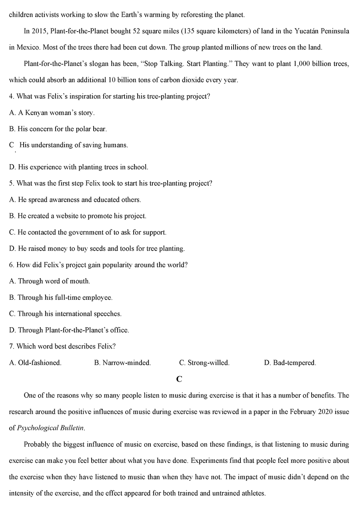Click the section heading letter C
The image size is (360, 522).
(x=179, y=379)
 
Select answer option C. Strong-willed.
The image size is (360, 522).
(x=204, y=363)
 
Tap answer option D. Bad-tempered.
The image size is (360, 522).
(x=290, y=363)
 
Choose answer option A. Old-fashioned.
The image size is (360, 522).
(x=35, y=363)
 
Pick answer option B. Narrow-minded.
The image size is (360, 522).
(x=122, y=363)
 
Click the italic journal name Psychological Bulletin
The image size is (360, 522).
(x=50, y=428)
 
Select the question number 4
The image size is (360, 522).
(x=11, y=96)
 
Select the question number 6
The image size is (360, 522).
(x=11, y=265)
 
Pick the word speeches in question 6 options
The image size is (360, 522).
(x=108, y=314)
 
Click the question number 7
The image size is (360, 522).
(x=11, y=346)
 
